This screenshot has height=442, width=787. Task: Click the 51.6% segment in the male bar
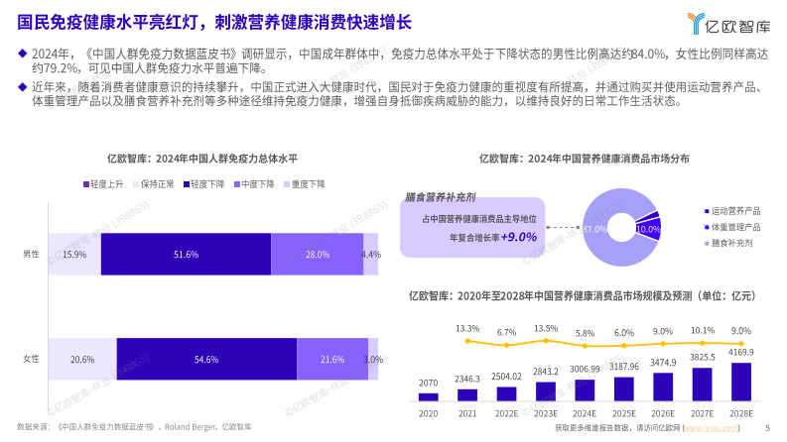tap(186, 255)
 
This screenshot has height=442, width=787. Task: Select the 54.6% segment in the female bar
tap(206, 359)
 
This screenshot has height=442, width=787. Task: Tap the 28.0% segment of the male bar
tap(317, 255)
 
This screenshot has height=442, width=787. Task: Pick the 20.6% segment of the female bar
tap(82, 359)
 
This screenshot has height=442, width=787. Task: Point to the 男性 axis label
tap(32, 255)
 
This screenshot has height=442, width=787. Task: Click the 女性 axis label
tap(32, 359)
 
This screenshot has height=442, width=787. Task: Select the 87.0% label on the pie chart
tap(593, 229)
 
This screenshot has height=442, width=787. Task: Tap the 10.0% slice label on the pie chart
tap(648, 229)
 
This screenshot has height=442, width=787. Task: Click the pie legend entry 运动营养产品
tap(733, 210)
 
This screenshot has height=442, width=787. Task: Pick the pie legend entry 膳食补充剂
tap(729, 242)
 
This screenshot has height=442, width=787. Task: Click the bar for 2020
tap(429, 395)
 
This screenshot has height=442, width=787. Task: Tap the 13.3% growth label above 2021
tap(467, 328)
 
